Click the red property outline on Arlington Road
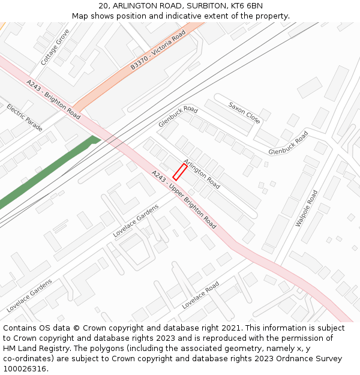click(180, 172)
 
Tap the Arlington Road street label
click(202, 173)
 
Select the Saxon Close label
click(244, 113)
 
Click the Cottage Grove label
click(55, 47)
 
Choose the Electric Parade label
click(25, 118)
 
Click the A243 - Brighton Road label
click(53, 98)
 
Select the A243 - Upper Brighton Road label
click(184, 199)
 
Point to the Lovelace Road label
click(200, 295)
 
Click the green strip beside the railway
click(48, 173)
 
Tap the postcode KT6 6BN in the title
click(247, 6)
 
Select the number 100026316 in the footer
click(24, 368)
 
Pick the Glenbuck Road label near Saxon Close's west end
click(178, 116)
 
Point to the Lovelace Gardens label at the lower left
click(29, 295)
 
